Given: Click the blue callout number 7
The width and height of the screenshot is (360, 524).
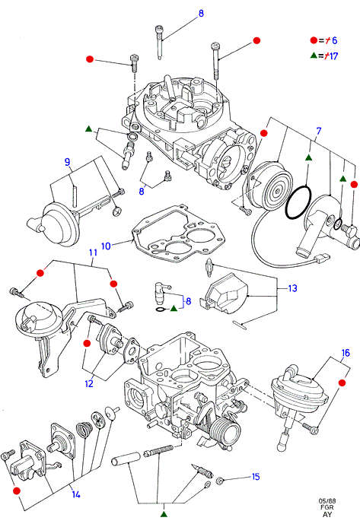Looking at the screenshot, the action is point(318,131).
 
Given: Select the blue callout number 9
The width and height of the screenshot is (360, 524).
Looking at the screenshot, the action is point(67,162).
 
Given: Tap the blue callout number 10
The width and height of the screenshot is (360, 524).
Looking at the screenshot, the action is point(106,246).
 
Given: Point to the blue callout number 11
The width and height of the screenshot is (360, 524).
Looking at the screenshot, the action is point(93,252).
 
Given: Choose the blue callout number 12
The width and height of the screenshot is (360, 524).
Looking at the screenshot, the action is point(88,383).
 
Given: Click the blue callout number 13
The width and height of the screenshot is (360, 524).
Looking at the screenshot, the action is point(292,288).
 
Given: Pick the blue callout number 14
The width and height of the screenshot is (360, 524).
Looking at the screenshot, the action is point(76,494).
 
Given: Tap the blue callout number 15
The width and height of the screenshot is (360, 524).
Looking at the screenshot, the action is point(256,477).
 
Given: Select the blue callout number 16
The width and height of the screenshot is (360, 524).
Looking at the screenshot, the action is point(346,353).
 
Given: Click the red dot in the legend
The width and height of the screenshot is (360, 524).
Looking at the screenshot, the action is point(314,40).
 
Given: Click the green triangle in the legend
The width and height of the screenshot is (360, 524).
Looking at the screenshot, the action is point(314,56).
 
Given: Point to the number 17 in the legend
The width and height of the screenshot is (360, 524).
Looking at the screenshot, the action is point(333,56).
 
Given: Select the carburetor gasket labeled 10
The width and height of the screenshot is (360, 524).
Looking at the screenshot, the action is point(178,234).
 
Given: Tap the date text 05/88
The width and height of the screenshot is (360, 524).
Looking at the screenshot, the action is point(327,501).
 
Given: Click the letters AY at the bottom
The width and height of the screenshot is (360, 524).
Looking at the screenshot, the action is point(327,514).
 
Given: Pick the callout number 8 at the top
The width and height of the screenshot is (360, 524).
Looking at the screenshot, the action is point(201,14).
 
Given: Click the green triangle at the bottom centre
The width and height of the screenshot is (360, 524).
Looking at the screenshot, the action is point(164,513).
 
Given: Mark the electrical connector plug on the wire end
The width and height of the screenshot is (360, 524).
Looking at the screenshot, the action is point(323,258).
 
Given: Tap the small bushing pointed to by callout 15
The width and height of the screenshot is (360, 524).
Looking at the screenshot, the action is point(220,481).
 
